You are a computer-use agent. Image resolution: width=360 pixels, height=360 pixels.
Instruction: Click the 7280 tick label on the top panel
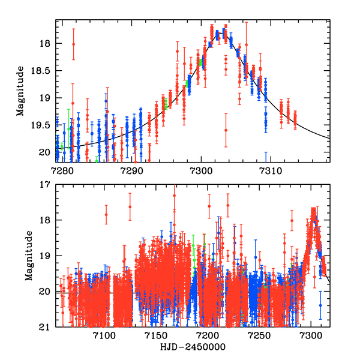[x=62, y=172]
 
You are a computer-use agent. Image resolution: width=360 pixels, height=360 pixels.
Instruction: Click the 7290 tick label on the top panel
[x=131, y=172]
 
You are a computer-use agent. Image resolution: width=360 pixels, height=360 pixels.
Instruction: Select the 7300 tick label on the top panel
[x=200, y=172]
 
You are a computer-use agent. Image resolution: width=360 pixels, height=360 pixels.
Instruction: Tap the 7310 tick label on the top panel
[x=269, y=172]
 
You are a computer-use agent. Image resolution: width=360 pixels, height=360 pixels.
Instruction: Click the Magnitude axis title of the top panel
[x=20, y=91]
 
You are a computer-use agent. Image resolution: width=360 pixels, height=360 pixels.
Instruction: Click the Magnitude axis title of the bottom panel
[x=28, y=256]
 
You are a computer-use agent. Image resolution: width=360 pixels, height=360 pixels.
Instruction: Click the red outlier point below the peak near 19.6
[x=226, y=130]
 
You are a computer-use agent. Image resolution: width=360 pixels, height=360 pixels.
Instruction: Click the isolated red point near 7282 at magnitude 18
[x=73, y=44]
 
